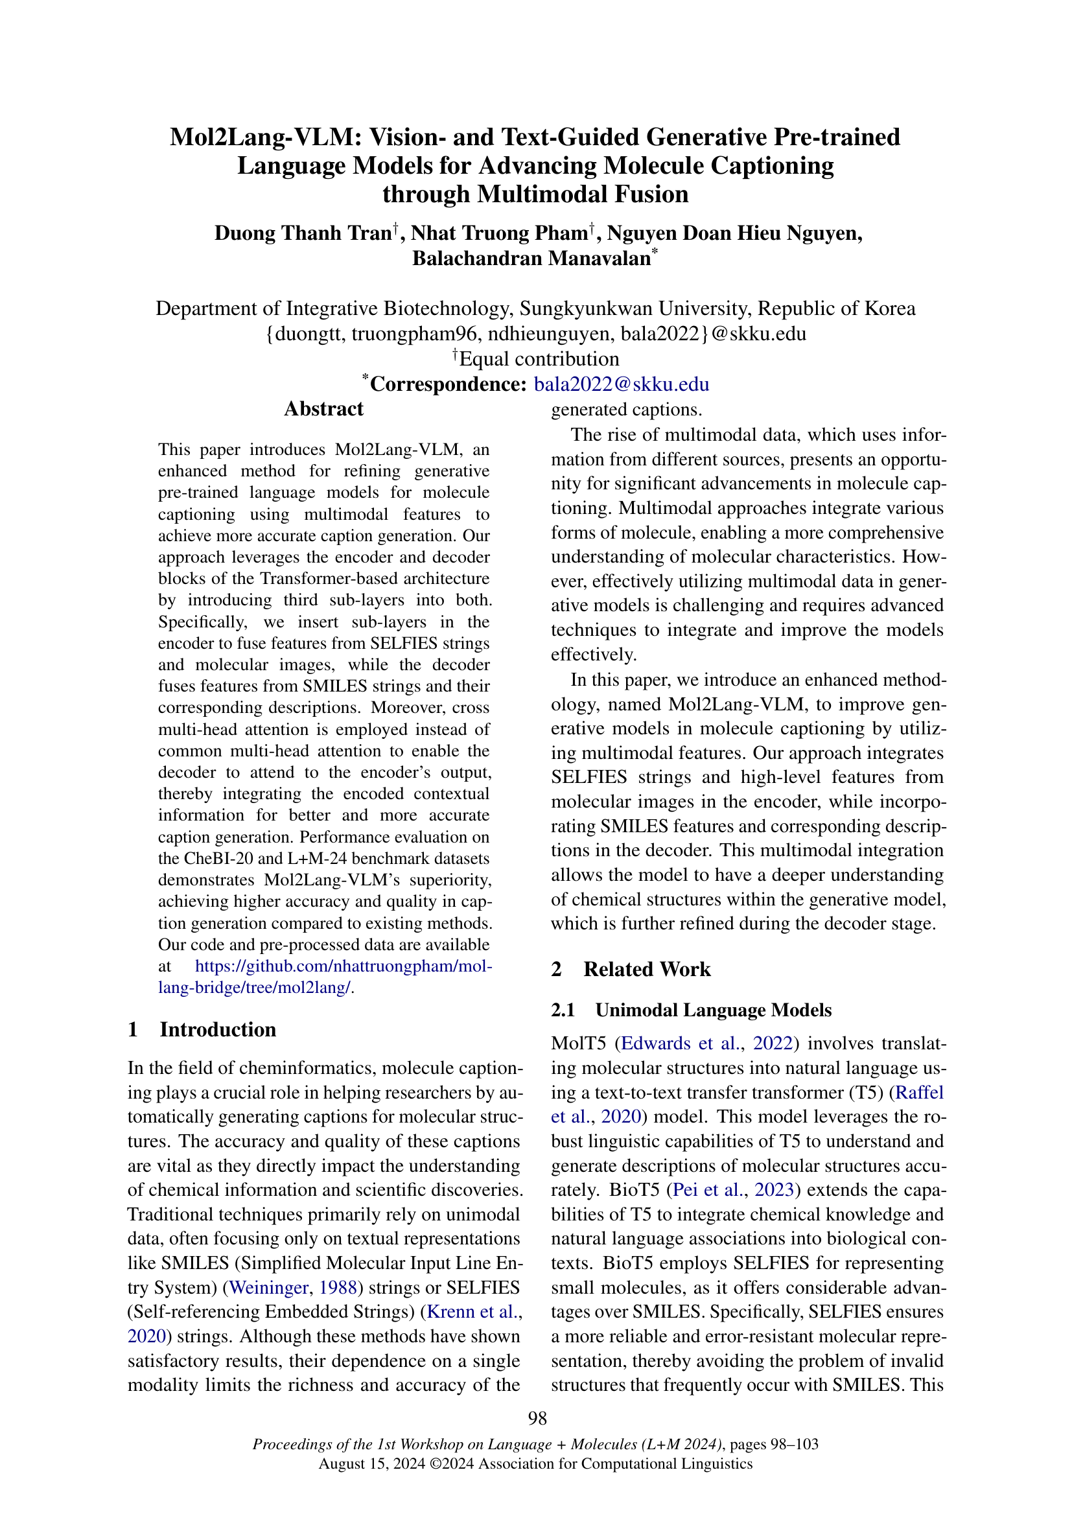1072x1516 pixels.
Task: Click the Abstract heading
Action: (x=323, y=409)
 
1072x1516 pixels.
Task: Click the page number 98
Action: (x=537, y=1417)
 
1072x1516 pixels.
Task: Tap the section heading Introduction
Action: (x=217, y=1029)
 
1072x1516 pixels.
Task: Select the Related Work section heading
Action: (x=646, y=968)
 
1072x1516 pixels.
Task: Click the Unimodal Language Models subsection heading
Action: (x=713, y=1010)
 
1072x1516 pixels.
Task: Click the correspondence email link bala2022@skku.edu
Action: (x=621, y=384)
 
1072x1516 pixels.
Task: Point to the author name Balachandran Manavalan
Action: (x=531, y=258)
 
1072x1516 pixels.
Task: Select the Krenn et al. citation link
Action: (x=472, y=1311)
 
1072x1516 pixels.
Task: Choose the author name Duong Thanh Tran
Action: (x=303, y=233)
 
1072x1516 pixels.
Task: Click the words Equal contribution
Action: (x=539, y=359)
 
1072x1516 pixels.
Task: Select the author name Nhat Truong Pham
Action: (x=499, y=233)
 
